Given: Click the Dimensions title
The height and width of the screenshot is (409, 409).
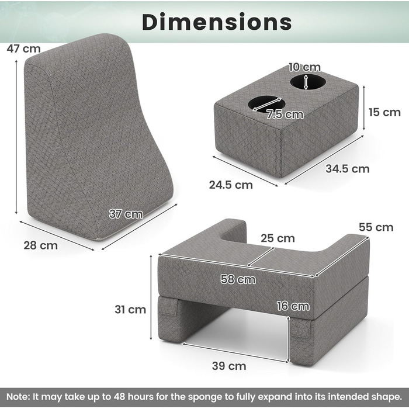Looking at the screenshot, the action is (217, 22).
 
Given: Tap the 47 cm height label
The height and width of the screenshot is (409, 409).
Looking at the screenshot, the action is (24, 48).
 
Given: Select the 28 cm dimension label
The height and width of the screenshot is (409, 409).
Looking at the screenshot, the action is (40, 245).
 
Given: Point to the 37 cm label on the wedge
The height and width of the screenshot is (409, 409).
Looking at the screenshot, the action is (126, 214).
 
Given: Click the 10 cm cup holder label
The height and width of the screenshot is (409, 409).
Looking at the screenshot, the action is (304, 67).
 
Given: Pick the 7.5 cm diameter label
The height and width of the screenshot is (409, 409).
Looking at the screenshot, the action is (285, 115).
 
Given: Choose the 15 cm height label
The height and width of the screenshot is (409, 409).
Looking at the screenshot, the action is (384, 112).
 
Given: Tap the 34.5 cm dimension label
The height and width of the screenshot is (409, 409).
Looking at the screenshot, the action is (348, 169).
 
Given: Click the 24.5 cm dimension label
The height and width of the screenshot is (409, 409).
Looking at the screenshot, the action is (231, 185).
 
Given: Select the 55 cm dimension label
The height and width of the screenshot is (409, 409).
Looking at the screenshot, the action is (376, 227).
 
